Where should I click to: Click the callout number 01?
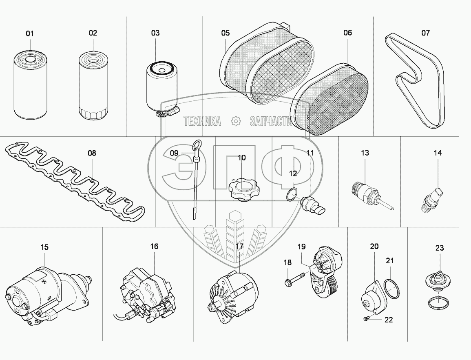[30, 33]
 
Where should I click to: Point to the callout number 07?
[425, 33]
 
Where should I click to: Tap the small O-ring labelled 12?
[291, 195]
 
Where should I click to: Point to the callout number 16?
[154, 246]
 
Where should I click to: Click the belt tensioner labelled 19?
[324, 269]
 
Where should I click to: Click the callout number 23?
[439, 248]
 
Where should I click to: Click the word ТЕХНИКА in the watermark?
[202, 121]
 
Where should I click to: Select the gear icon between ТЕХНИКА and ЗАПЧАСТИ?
[235, 121]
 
